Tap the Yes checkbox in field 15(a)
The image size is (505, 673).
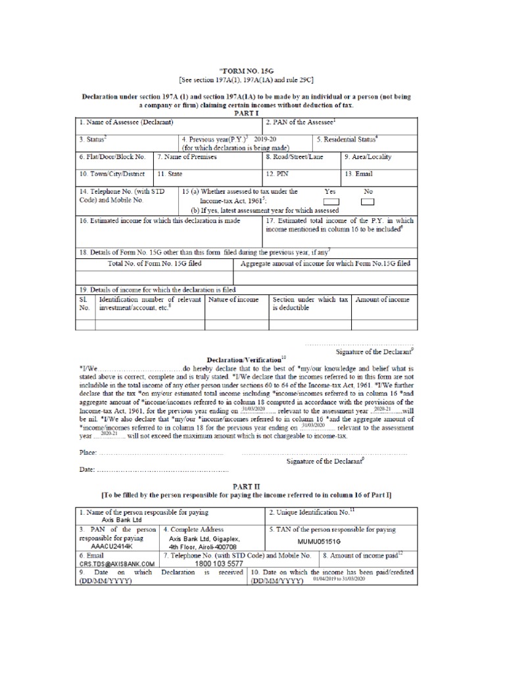coord(333,201)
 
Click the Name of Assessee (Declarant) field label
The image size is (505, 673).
coord(126,122)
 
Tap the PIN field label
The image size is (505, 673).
coord(274,174)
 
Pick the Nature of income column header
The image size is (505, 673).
coord(231,300)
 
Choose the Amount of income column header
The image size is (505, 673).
coord(382,300)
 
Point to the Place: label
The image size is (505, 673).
coord(87,453)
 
